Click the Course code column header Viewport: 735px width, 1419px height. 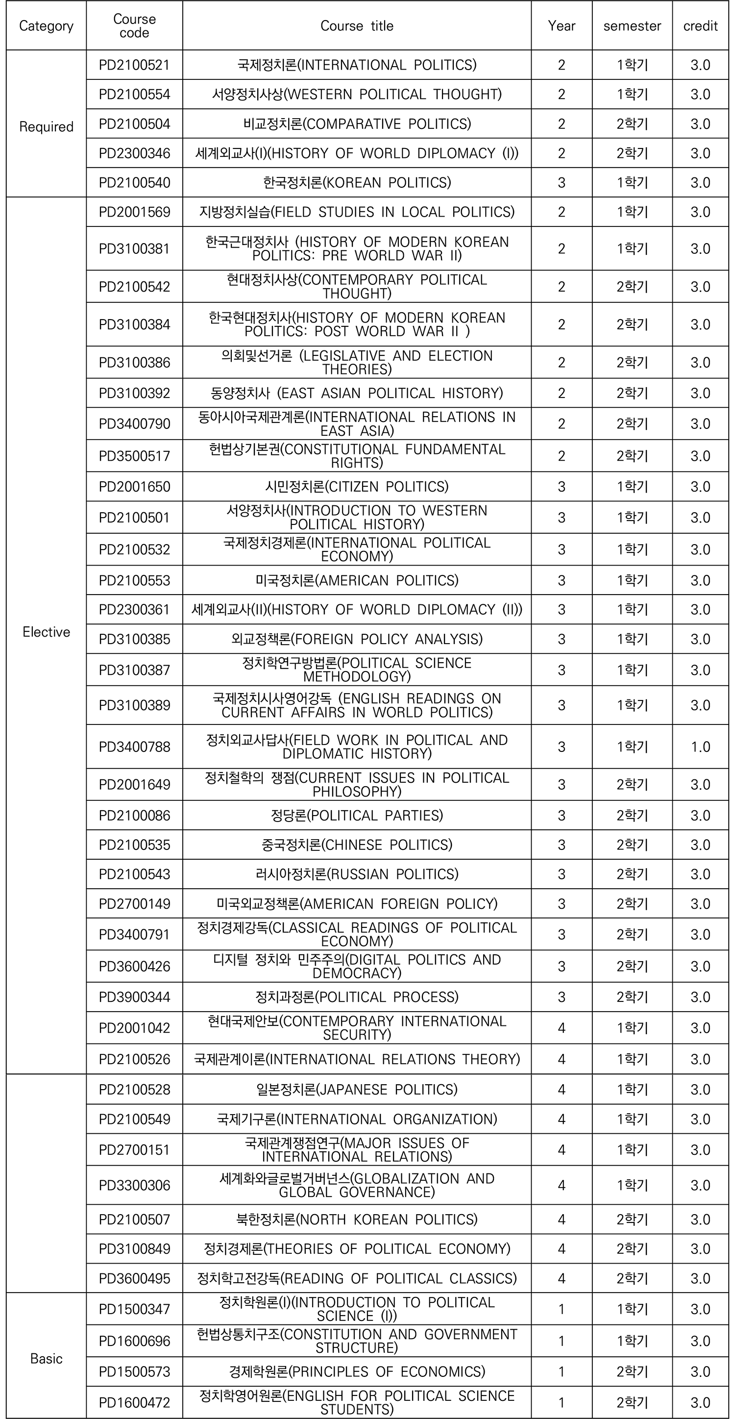click(x=134, y=26)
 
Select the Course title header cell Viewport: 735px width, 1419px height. click(x=357, y=26)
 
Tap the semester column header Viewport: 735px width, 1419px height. click(x=632, y=26)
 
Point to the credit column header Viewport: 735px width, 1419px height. click(x=700, y=26)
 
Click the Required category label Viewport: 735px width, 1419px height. click(x=46, y=126)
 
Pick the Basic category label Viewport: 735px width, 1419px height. click(x=46, y=1358)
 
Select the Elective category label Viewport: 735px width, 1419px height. click(x=46, y=632)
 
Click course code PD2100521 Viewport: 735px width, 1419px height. click(x=134, y=65)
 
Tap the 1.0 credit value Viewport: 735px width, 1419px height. click(x=700, y=747)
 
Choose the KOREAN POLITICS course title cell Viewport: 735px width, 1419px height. click(x=357, y=182)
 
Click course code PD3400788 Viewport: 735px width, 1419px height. click(x=134, y=747)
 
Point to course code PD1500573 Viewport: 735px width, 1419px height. click(x=134, y=1371)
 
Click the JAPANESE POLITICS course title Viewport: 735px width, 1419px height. click(x=357, y=1089)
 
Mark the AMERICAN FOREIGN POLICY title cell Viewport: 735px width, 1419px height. click(x=357, y=903)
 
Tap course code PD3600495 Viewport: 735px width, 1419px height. click(x=134, y=1278)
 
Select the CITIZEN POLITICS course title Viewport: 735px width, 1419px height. click(x=357, y=486)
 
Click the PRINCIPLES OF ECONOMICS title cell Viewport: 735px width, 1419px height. click(x=357, y=1371)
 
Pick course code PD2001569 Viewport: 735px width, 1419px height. click(x=134, y=212)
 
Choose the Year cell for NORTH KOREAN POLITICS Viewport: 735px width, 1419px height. click(x=561, y=1219)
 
